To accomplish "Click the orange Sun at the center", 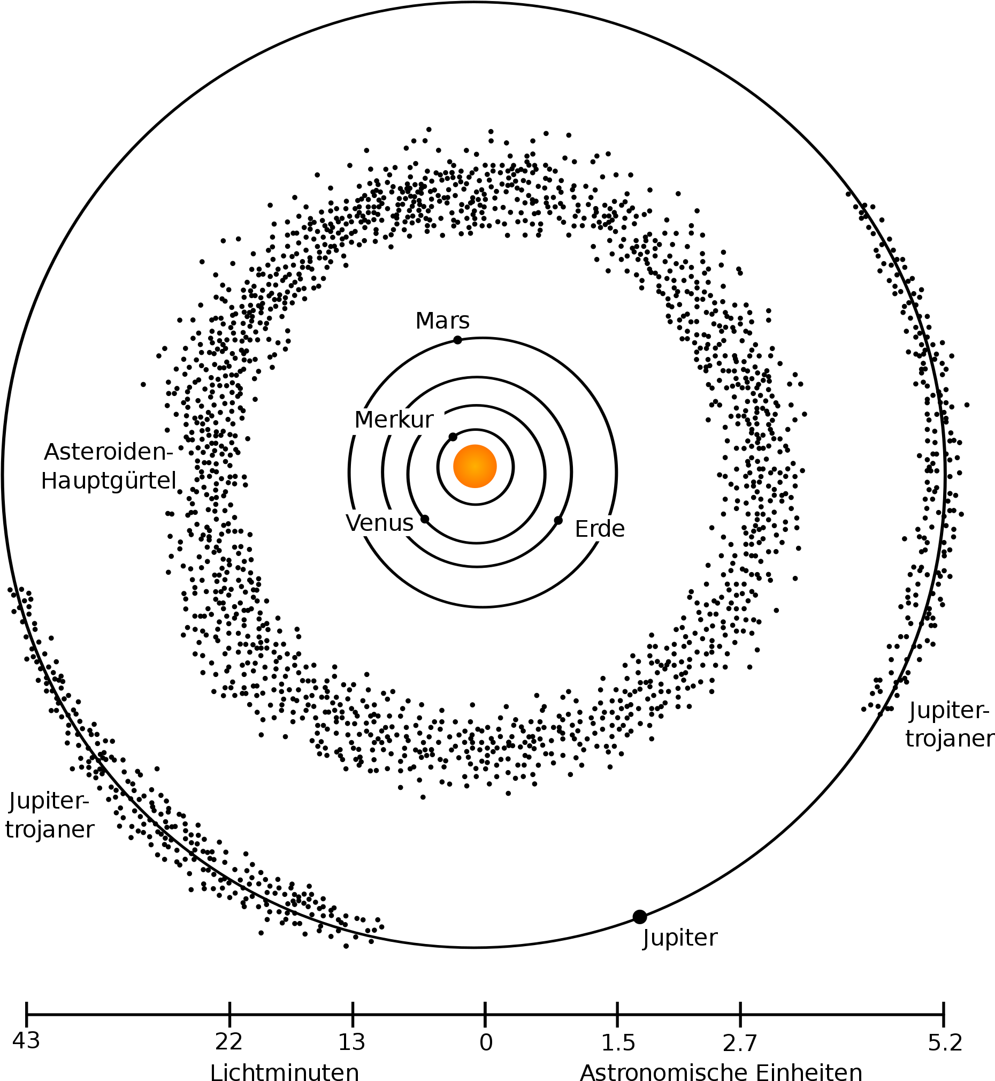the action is point(474,467).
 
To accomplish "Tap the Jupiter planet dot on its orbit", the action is point(640,917).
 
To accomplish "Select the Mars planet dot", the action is point(457,340).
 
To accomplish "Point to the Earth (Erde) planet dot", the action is point(558,520).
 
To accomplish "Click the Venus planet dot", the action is point(425,519).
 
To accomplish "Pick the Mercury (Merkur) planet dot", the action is point(453,437).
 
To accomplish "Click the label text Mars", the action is point(442,321).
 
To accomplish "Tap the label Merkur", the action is point(394,420).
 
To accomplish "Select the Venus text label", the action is point(380,523).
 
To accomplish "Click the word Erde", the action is point(600,529).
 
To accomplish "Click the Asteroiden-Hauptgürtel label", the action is point(109,467).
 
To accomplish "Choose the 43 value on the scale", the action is point(26,1041).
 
